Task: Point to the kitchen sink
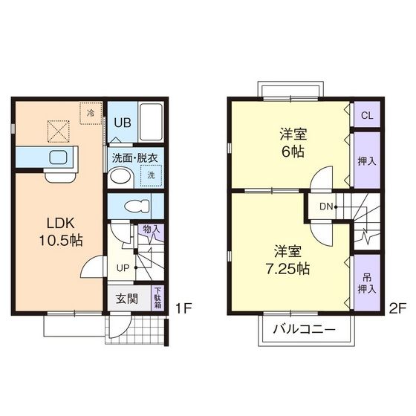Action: (58, 157)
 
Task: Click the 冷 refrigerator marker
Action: (90, 114)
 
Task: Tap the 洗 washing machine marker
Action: (151, 175)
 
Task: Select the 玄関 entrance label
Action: (126, 299)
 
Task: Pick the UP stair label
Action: (121, 267)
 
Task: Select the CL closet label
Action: (366, 115)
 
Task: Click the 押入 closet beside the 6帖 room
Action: (366, 160)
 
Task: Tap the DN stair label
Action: (325, 206)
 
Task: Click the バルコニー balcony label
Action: (303, 329)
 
